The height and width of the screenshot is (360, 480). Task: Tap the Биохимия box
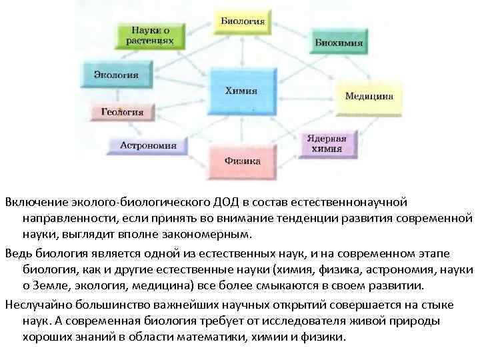coord(339,43)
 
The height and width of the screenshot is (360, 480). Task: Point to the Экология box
coord(116,74)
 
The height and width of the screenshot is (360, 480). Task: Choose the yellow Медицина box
coord(369,96)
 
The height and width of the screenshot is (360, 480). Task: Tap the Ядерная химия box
coord(327,144)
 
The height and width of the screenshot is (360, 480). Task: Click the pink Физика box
coord(243,161)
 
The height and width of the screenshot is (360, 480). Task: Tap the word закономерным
coord(211,235)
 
